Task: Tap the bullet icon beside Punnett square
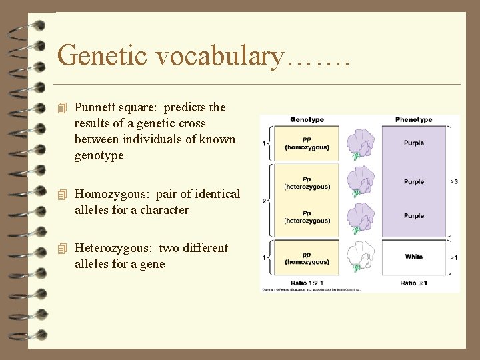pos(63,108)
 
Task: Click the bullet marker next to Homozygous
pos(63,195)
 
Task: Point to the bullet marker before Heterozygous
pos(63,249)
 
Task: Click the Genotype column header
pos(307,120)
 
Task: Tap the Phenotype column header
pos(413,120)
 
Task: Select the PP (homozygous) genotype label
pos(307,143)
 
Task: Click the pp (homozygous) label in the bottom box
pos(307,258)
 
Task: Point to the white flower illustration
pos(360,257)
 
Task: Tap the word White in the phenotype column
pos(413,257)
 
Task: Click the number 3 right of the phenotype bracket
pos(455,181)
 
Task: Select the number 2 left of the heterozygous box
pos(265,201)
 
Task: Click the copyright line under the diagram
pos(310,290)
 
